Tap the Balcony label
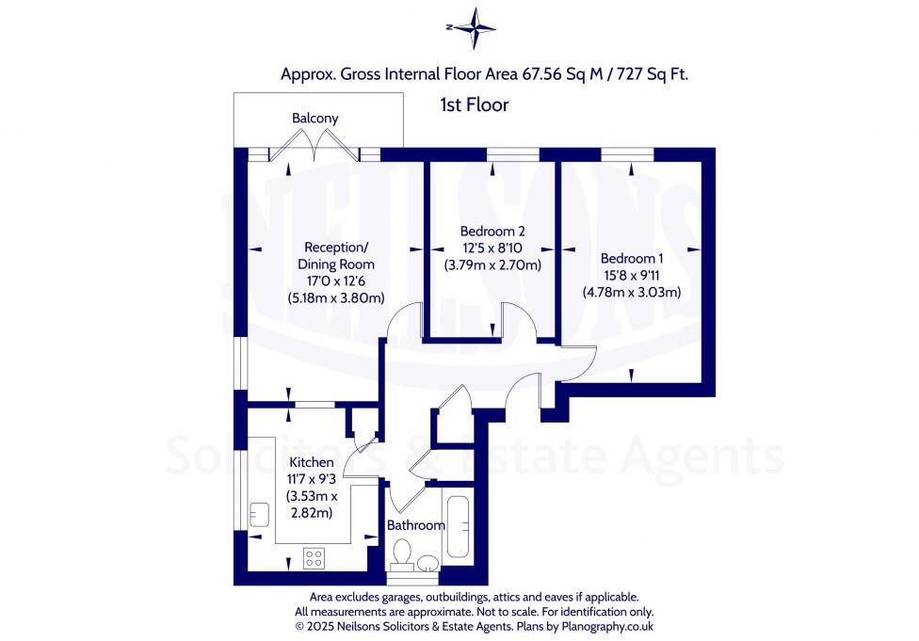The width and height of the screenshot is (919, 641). [314, 119]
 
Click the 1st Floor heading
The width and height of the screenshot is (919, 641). [475, 104]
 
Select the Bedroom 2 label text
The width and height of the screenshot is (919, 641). [492, 231]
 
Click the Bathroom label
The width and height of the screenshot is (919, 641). [415, 524]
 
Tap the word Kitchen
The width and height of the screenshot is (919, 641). [311, 462]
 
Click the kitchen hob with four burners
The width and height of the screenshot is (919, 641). [314, 558]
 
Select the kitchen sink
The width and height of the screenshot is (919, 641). [260, 514]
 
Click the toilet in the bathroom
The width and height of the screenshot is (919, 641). [403, 554]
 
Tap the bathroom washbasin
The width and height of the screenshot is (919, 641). [428, 563]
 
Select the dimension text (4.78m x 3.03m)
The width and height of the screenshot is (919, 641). [631, 292]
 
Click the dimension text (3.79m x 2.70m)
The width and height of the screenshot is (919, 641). [492, 264]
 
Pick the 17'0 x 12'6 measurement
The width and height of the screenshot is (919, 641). [336, 281]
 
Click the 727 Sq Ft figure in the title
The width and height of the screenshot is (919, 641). [653, 72]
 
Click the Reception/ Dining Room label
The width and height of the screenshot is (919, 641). [336, 256]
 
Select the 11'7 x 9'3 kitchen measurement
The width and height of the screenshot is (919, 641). [311, 479]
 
